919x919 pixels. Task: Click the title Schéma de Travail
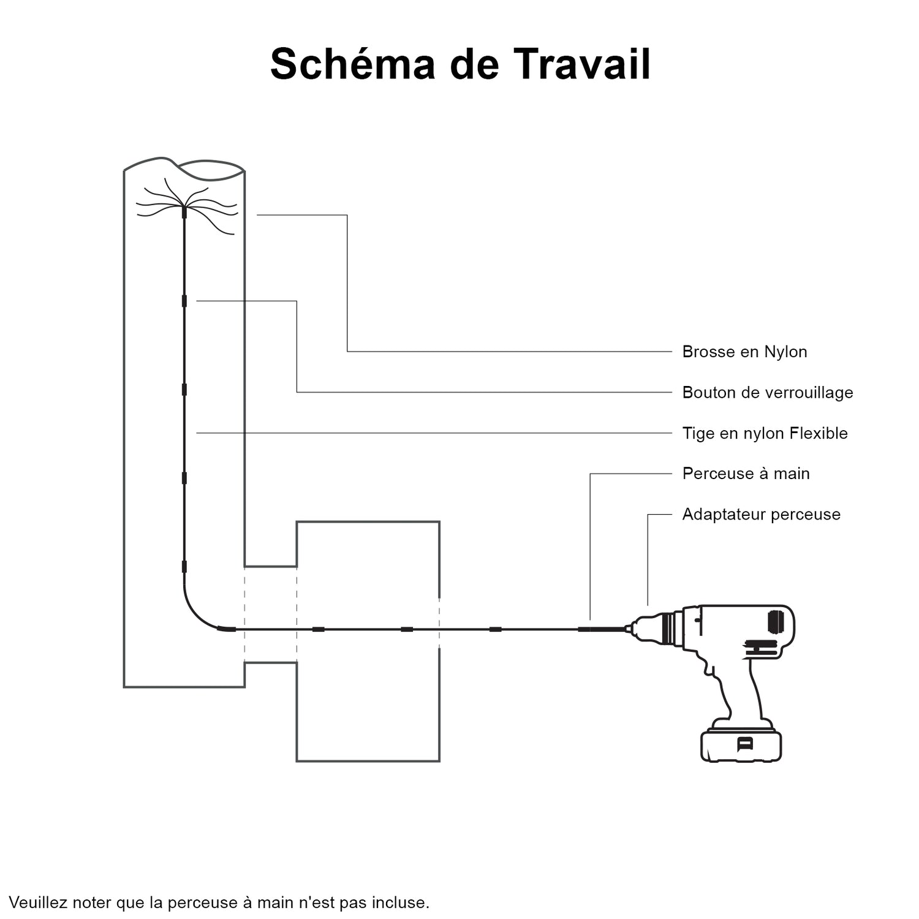tap(460, 64)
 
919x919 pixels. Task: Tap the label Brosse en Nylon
tap(744, 352)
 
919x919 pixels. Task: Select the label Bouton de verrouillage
tap(767, 392)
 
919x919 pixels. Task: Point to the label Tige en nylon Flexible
tap(765, 433)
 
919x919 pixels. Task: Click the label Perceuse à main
tap(746, 474)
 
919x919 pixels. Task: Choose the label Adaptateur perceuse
tap(761, 514)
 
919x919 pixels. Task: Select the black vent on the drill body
tap(776, 622)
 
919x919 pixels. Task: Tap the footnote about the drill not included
tap(219, 902)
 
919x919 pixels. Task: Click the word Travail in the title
tap(581, 64)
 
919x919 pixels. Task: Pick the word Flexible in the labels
tap(819, 433)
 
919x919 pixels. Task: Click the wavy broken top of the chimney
tap(184, 166)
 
